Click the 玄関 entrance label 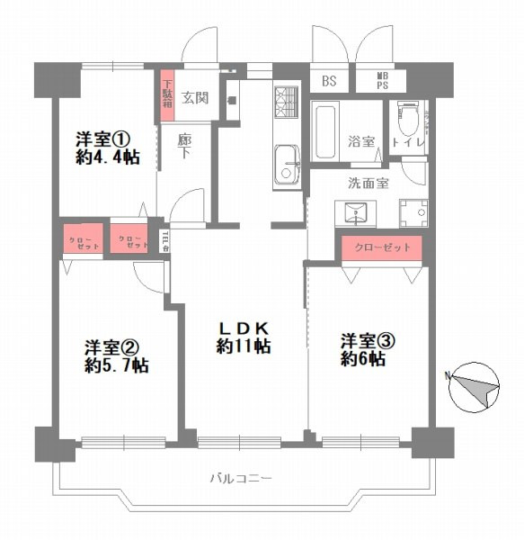coord(195,97)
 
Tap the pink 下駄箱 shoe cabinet coord(167,94)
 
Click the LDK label coord(244,328)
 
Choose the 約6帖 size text coord(363,358)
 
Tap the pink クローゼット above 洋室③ coord(382,247)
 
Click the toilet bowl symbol coord(409,121)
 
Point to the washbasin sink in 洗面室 coord(353,212)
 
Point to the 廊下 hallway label coord(184,147)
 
